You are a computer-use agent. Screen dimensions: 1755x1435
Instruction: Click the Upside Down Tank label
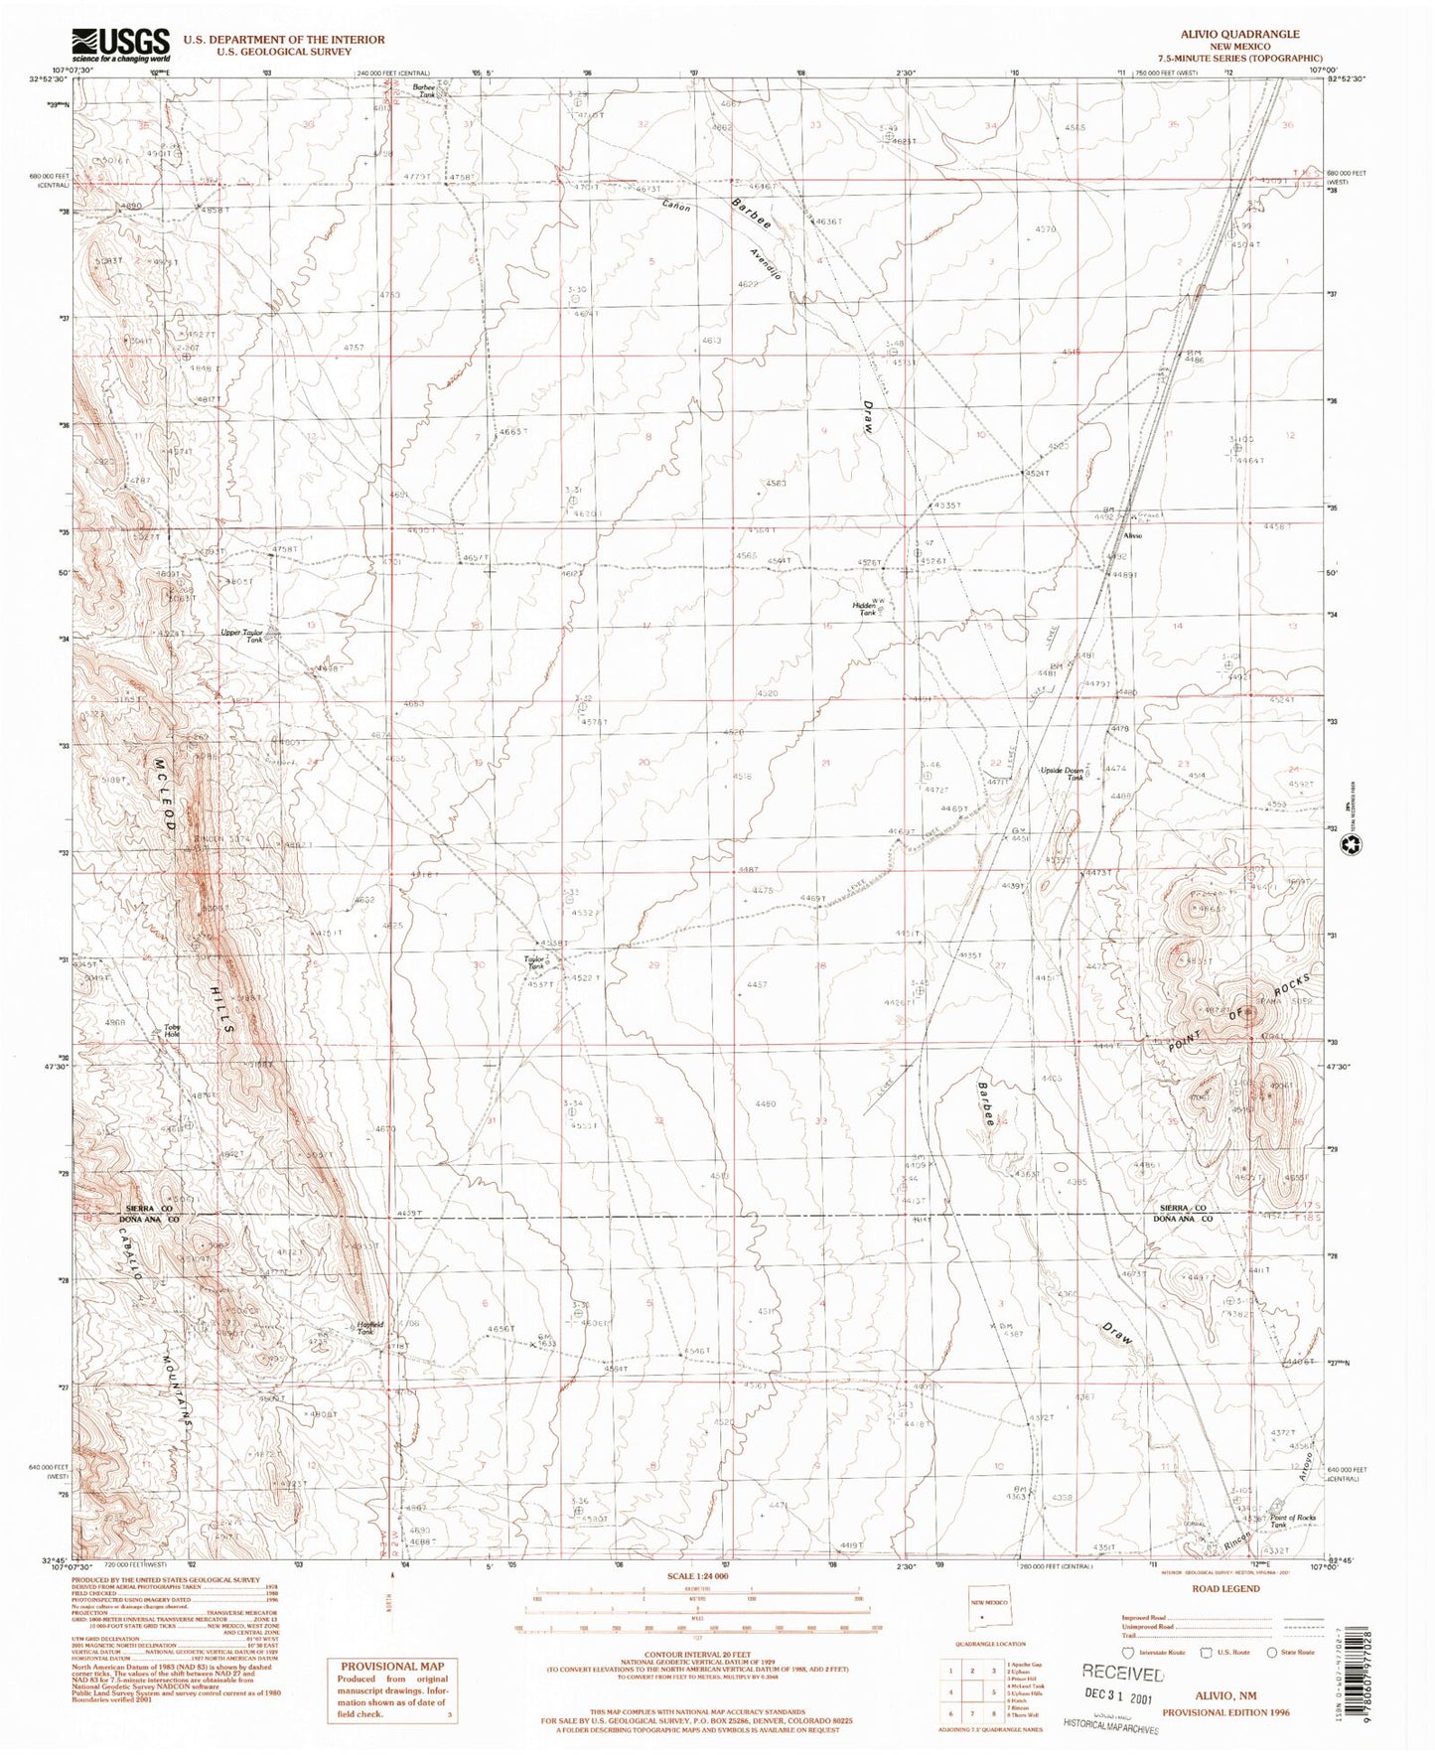pyautogui.click(x=1061, y=773)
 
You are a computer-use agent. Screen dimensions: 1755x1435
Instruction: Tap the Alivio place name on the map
pyautogui.click(x=1132, y=535)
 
